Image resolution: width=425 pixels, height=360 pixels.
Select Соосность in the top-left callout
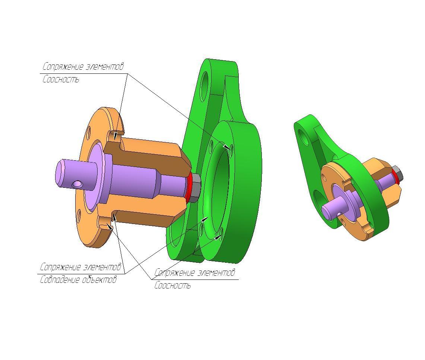tap(61, 79)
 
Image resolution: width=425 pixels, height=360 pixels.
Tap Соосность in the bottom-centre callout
tap(173, 285)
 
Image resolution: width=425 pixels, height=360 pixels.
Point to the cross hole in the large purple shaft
tap(77, 184)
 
